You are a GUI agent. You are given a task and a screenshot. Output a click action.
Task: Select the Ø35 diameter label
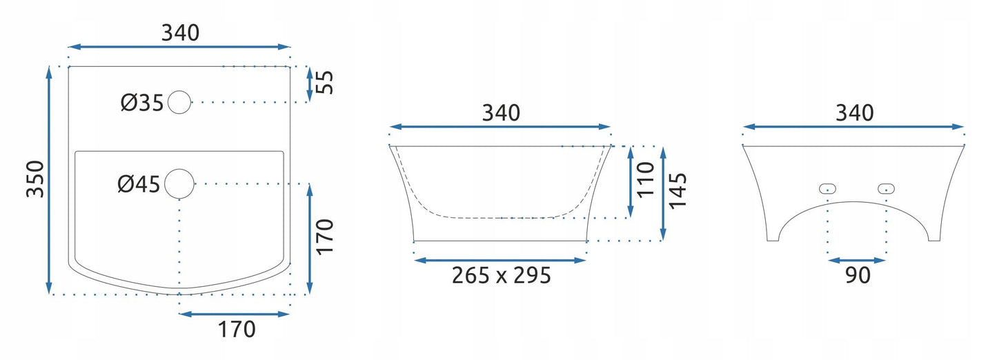click(x=142, y=103)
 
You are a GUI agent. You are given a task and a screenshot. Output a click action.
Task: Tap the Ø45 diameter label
click(x=139, y=184)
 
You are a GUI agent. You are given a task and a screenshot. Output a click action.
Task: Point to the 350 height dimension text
click(x=36, y=179)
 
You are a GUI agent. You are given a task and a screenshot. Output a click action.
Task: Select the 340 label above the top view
click(x=180, y=33)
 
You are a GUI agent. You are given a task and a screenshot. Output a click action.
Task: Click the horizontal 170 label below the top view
click(x=237, y=330)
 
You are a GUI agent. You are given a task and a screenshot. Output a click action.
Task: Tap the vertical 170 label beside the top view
click(x=325, y=237)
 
